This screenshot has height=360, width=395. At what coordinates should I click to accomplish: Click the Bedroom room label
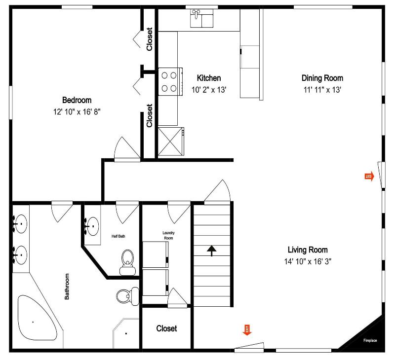tap(77, 100)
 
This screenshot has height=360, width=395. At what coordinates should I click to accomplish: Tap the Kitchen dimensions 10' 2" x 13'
tap(209, 90)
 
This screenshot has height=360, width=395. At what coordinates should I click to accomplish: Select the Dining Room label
tap(322, 78)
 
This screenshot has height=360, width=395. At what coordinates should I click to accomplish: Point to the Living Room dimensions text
tap(308, 262)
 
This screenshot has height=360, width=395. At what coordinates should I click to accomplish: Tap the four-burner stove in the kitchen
tap(170, 81)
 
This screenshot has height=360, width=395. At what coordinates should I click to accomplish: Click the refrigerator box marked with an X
tap(171, 142)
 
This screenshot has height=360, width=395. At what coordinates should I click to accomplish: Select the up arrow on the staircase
tap(212, 251)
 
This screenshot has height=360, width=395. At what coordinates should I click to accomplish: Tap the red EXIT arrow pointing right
tap(369, 177)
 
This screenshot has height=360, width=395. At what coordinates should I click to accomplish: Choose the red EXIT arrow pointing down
tap(247, 330)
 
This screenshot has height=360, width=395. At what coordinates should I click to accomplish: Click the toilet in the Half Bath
tap(128, 262)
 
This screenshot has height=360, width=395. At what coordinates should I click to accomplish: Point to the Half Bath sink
tap(92, 226)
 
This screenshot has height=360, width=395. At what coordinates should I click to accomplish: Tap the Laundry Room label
tap(168, 235)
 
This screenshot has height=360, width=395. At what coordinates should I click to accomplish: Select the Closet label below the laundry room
tap(166, 328)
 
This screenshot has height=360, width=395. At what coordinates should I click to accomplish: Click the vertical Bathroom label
tap(67, 287)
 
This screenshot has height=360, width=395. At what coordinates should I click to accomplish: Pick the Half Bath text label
tap(118, 236)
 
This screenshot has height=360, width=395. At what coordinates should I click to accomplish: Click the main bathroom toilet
tap(128, 296)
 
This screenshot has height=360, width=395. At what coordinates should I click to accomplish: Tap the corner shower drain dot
tap(126, 333)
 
